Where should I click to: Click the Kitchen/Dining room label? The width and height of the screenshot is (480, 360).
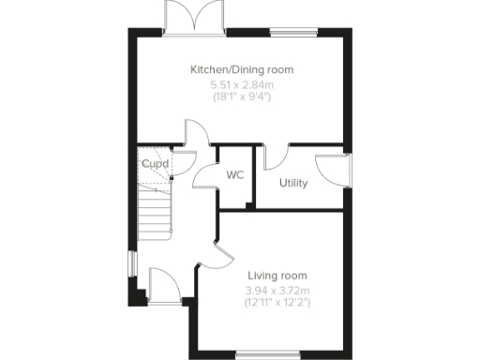242,69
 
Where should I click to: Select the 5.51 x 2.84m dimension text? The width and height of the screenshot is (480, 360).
242,84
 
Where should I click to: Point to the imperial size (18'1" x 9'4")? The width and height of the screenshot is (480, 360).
242,97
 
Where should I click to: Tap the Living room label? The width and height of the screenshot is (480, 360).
277,275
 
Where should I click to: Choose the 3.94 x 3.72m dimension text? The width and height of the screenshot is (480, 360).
277,290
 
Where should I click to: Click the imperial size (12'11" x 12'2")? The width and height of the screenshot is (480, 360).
277,302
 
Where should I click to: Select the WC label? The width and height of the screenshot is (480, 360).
234,174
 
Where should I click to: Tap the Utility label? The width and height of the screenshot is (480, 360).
293,183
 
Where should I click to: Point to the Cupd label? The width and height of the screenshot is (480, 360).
155,163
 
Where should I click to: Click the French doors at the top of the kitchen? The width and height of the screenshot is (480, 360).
195,17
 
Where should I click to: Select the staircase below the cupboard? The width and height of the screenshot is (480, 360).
156,210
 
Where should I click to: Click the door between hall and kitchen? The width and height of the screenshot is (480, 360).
195,137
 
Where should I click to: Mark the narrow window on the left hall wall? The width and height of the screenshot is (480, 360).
131,263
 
